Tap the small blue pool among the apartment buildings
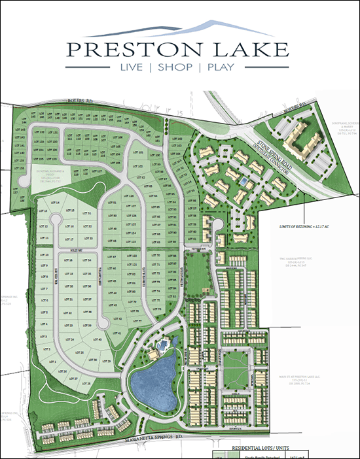tap(243, 180)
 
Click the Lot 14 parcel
tap(54, 203)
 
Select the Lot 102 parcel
tap(139, 167)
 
